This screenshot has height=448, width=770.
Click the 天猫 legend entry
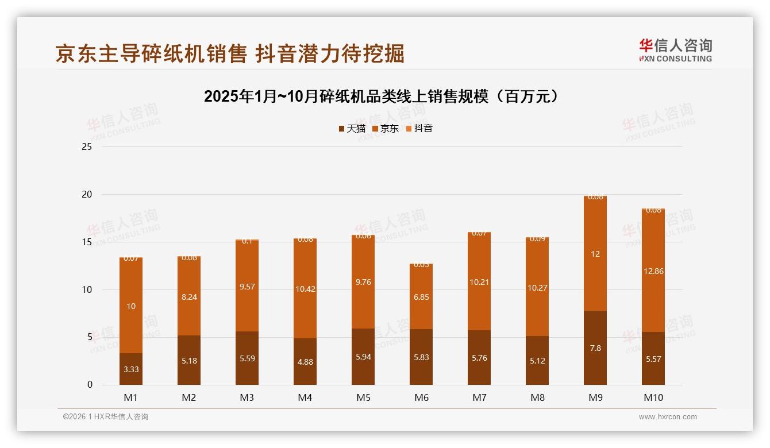tap(352, 129)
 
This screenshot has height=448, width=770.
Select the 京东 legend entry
tap(386, 129)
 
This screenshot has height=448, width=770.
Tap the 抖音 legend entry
tap(419, 129)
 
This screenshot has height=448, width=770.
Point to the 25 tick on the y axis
tap(87, 147)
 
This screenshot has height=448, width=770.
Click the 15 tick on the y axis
tap(87, 242)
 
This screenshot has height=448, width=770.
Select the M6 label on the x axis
tap(421, 397)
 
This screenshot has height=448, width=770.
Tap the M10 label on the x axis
tap(653, 397)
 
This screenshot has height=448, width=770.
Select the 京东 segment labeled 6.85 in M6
tap(421, 297)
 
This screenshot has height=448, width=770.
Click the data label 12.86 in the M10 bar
tap(653, 271)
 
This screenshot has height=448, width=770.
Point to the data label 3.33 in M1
tap(131, 369)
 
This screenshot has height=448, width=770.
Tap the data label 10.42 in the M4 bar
tap(305, 289)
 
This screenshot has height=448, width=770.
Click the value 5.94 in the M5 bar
tap(363, 357)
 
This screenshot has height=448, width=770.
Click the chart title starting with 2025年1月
tap(382, 96)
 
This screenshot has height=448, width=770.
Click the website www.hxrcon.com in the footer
tap(668, 417)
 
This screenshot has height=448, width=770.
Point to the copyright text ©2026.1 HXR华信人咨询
tap(106, 417)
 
